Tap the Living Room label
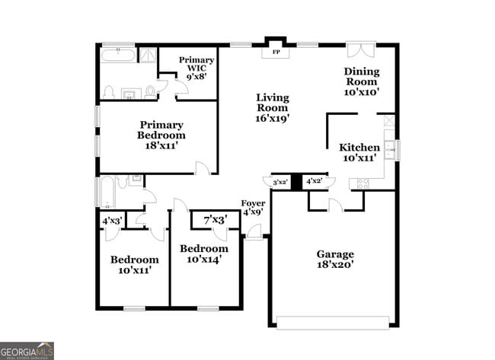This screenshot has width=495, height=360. [x=272, y=107]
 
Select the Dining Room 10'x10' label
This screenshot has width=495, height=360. [x=362, y=81]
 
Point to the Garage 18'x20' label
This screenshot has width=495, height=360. [x=335, y=259]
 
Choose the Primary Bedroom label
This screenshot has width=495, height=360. [x=161, y=135]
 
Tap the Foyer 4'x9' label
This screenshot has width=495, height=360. [x=253, y=208]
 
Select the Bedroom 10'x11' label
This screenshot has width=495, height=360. [x=134, y=264]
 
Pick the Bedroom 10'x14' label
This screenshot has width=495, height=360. [x=203, y=253]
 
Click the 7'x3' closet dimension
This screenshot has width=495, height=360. [x=215, y=221]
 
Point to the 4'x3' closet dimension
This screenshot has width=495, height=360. [x=113, y=221]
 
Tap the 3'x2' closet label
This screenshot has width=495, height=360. [x=279, y=182]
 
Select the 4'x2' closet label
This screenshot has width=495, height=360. [x=314, y=181]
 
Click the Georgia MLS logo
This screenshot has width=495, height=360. [x=27, y=350]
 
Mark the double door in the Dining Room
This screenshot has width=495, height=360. [x=358, y=49]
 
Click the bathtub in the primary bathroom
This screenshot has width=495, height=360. [x=118, y=55]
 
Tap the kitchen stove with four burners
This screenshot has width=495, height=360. [x=359, y=183]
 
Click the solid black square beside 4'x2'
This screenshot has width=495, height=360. [x=296, y=182]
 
